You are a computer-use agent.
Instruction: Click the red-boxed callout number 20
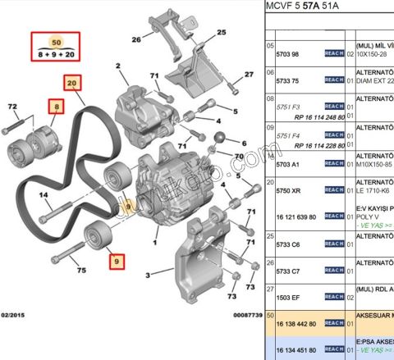point(72,83)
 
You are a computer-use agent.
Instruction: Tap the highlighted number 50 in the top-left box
point(56,41)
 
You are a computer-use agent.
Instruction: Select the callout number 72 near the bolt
point(11,107)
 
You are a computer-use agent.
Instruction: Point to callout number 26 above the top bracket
point(136,39)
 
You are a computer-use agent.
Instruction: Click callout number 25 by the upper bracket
point(221,32)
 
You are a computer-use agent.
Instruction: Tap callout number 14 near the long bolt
point(44,195)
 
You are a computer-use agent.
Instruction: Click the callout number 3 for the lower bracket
point(148,276)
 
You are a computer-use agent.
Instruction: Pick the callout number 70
point(239,156)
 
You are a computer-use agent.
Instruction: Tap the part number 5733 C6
point(285,244)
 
